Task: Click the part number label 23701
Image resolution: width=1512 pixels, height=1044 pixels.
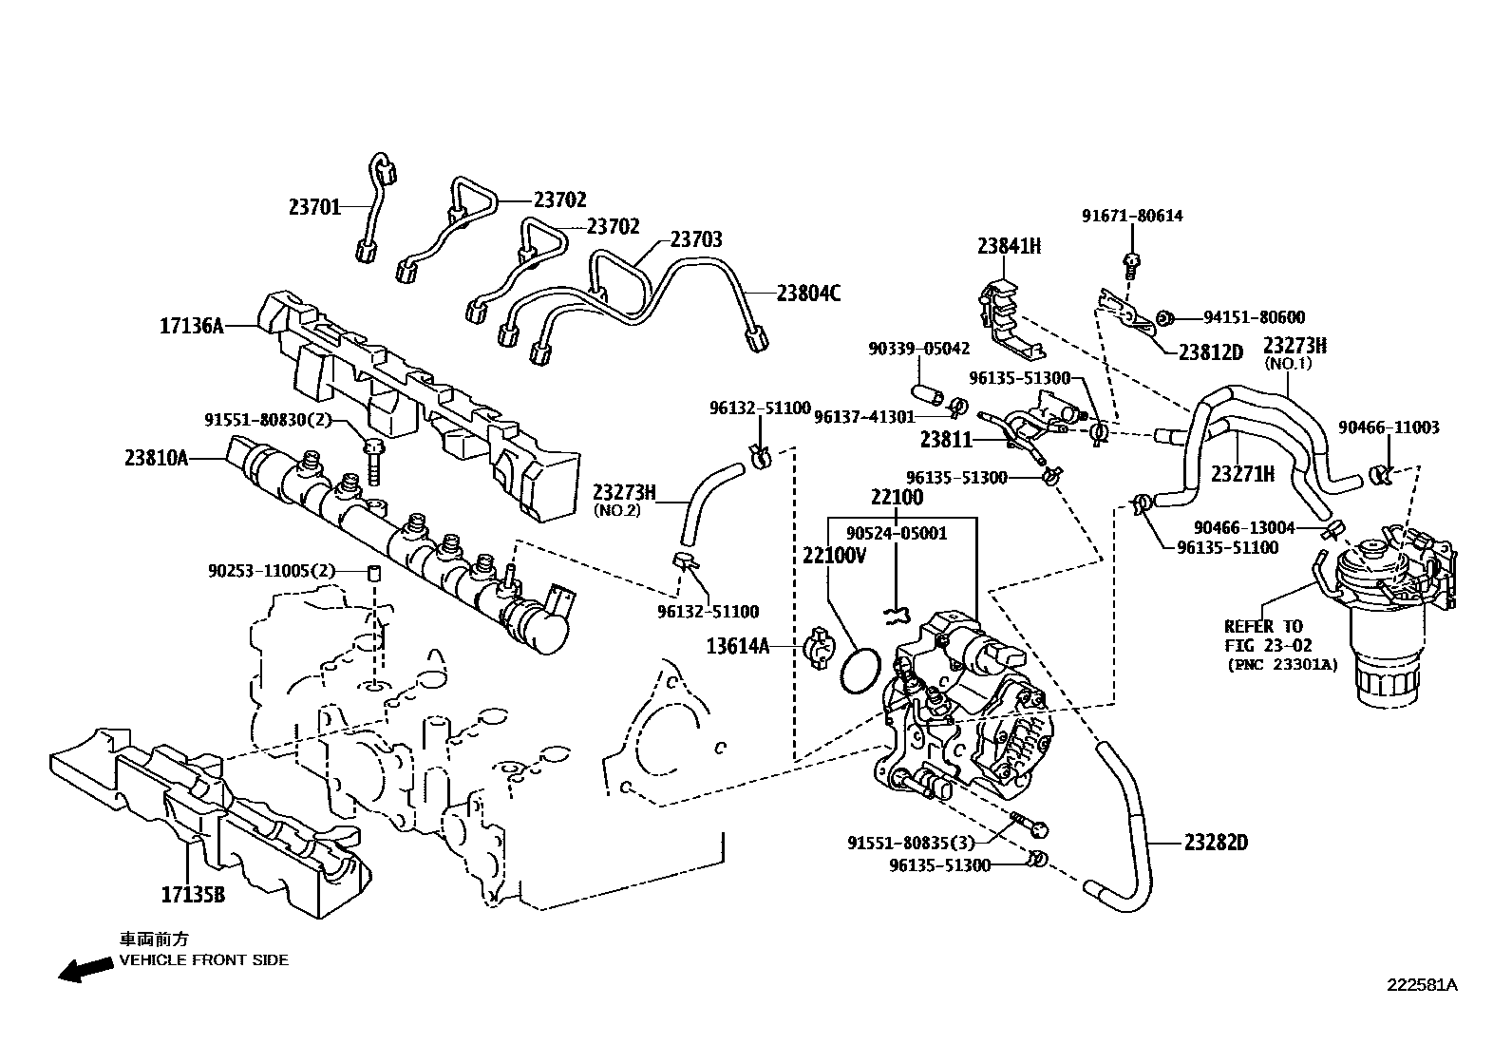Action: (x=314, y=206)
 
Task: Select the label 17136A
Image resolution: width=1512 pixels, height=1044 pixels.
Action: (x=191, y=326)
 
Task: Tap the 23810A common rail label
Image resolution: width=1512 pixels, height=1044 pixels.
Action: (x=156, y=458)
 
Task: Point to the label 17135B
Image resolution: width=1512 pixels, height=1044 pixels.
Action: (x=193, y=894)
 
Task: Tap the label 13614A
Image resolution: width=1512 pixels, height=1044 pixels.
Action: (x=737, y=647)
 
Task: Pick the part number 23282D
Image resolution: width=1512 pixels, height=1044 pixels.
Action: (x=1216, y=842)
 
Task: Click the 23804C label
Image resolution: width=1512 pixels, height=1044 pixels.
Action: (x=808, y=294)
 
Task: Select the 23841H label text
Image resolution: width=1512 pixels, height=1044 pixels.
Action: (x=1009, y=246)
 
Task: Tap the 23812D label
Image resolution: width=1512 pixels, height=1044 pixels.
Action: (x=1210, y=351)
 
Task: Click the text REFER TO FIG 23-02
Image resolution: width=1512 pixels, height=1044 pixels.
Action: (x=1263, y=635)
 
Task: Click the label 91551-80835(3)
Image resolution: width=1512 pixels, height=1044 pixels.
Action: (x=911, y=842)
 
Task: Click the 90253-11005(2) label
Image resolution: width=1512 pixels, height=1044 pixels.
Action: (x=272, y=571)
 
